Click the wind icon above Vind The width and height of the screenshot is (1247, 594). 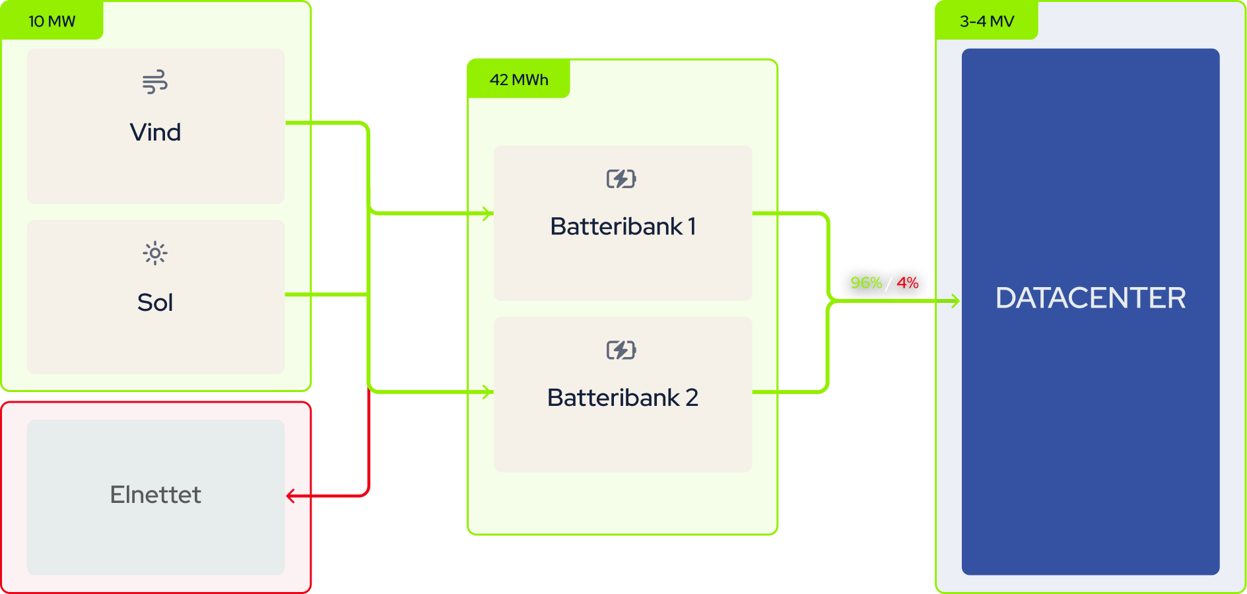point(155,82)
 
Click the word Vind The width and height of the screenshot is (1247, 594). point(155,132)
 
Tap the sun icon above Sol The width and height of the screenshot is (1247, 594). point(155,253)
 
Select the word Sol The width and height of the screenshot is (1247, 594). point(155,302)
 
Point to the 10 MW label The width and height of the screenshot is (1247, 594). point(51,21)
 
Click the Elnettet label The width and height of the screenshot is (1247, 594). point(155,494)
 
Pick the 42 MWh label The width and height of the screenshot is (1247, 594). point(519,80)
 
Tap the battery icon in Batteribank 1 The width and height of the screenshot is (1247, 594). point(621,179)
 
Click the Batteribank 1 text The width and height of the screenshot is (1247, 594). point(623,226)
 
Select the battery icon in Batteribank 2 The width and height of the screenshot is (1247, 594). point(621,350)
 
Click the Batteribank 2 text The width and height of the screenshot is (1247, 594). point(623,397)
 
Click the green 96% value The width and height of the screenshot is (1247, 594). point(866,283)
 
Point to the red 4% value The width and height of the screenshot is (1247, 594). point(908,283)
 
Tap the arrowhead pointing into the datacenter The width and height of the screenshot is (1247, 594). point(955,302)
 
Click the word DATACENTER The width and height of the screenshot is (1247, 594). point(1091,298)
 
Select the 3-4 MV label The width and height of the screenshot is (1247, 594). point(987,21)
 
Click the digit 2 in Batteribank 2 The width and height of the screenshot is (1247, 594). point(692,397)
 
